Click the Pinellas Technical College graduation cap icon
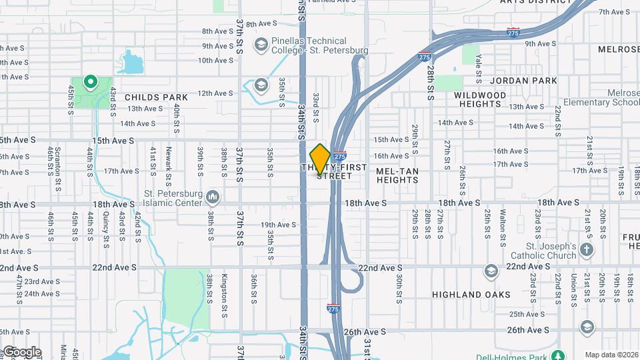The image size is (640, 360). [261, 45]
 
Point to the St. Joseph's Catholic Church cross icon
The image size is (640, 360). [586, 250]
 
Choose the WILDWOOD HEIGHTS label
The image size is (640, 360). [480, 100]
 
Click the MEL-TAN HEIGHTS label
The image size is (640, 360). [397, 175]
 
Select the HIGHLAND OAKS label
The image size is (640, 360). [471, 295]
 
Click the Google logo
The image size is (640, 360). [21, 351]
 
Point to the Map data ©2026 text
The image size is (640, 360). [612, 355]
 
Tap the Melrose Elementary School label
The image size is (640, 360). [601, 98]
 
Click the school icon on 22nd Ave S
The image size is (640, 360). [491, 270]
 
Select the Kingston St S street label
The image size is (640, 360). [226, 288]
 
